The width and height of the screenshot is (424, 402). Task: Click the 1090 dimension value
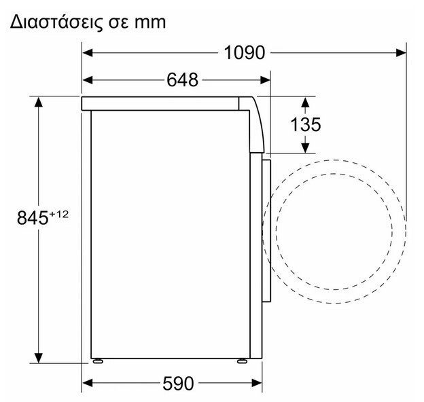[245, 53]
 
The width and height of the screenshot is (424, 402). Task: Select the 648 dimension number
[182, 80]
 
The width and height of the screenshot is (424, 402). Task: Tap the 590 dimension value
[178, 384]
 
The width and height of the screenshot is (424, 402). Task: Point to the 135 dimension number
[305, 124]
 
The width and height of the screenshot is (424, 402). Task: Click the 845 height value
[33, 218]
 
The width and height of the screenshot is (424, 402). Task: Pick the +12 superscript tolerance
[58, 215]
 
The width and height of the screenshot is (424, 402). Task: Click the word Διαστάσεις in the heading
[57, 22]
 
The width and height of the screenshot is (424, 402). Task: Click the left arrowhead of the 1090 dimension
[88, 53]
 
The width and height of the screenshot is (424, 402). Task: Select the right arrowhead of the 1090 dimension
[401, 53]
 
